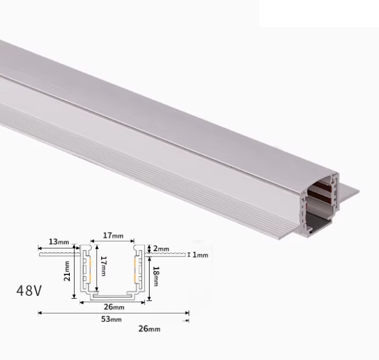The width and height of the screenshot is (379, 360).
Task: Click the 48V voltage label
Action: coord(29,290)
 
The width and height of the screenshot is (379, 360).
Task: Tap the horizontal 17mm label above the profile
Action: coord(113,236)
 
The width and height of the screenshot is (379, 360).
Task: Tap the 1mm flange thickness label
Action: coord(199,254)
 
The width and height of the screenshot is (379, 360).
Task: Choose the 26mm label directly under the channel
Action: coord(114,306)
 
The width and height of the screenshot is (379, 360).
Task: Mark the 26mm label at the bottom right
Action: coord(150,329)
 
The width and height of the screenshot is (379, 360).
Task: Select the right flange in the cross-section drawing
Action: coord(168,253)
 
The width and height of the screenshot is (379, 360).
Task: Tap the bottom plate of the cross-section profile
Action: coord(113,299)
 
